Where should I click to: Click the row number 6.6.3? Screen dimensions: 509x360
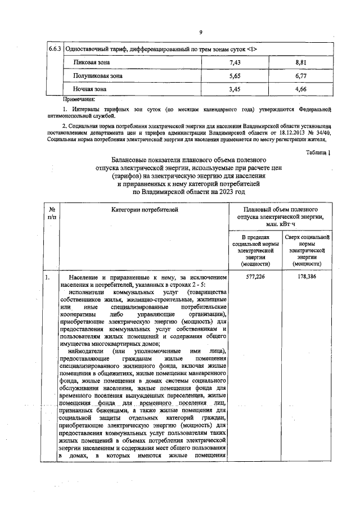click(x=55, y=49)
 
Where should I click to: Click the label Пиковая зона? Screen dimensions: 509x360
click(x=91, y=62)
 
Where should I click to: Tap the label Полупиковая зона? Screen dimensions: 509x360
click(x=98, y=75)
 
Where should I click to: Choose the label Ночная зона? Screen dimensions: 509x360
click(x=90, y=89)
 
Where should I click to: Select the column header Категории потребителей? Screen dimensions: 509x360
click(x=145, y=210)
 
